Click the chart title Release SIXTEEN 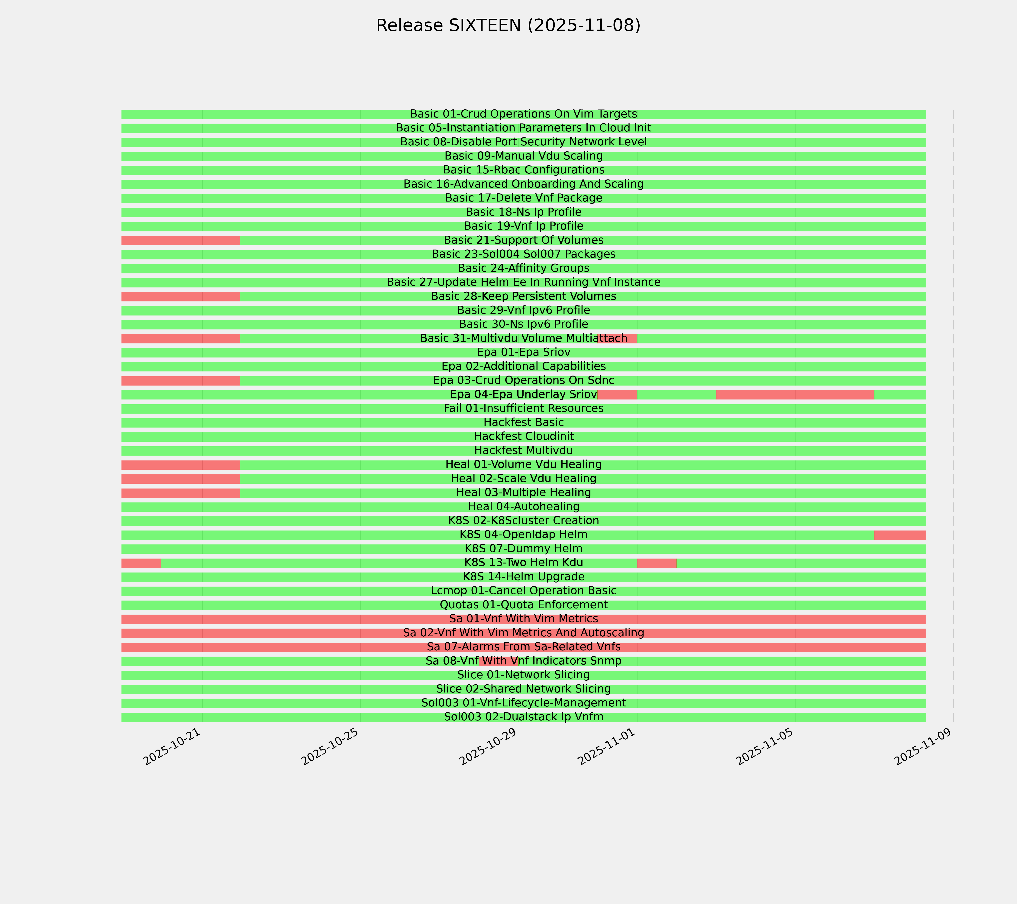(508, 25)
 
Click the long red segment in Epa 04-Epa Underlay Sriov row (795, 395)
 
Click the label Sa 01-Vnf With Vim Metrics (523, 619)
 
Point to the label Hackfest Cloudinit (523, 436)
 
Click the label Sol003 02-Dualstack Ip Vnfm (523, 717)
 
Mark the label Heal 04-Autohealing (523, 506)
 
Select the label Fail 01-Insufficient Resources (523, 408)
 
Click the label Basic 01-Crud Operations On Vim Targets (523, 114)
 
